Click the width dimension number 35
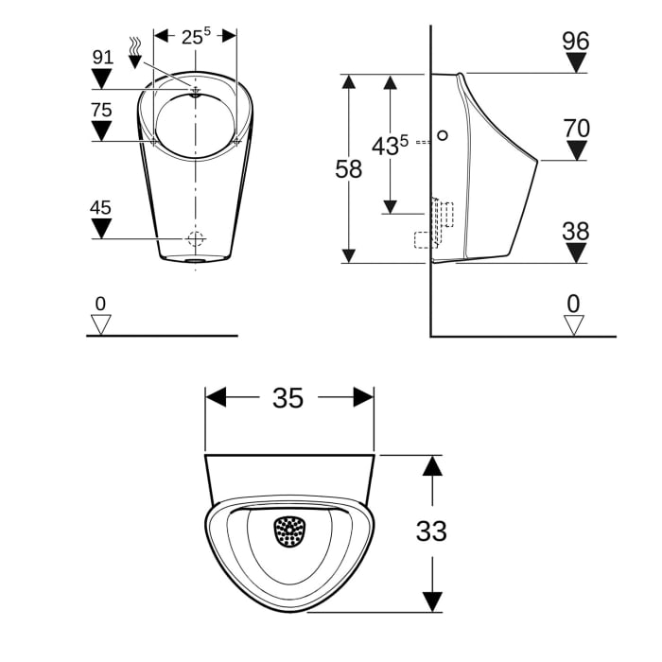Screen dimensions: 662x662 [x=288, y=398]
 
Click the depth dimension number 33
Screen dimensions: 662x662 [x=432, y=531]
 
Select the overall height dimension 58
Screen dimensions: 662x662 [x=349, y=169]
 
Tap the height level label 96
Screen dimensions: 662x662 [x=575, y=41]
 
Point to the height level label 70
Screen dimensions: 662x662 [x=575, y=128]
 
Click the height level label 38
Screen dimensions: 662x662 [x=575, y=231]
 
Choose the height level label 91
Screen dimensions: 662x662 [x=102, y=57]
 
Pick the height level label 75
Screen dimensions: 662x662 [x=102, y=110]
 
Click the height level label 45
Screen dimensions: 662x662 [x=102, y=206]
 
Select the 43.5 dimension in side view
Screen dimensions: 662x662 [x=389, y=146]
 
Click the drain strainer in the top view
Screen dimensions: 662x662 [x=289, y=531]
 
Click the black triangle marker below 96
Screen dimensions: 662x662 [x=575, y=62]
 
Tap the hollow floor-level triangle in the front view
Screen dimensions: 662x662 [x=100, y=324]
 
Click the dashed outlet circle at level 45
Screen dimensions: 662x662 [x=196, y=237]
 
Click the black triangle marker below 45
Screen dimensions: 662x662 [x=102, y=227]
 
